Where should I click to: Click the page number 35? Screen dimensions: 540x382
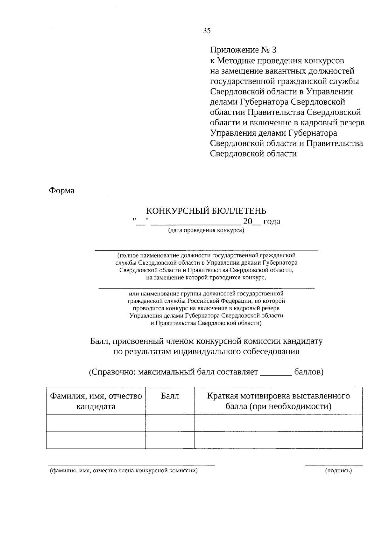pos(207,31)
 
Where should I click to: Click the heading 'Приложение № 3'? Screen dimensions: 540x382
pos(244,50)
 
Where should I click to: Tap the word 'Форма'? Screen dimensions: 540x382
pos(61,191)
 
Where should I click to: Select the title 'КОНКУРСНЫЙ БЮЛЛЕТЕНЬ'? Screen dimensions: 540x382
pos(206,211)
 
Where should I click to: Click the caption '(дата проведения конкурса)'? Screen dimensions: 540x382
pos(206,230)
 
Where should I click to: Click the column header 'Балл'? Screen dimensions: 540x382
pos(170,396)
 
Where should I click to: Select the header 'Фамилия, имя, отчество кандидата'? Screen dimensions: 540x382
pos(95,401)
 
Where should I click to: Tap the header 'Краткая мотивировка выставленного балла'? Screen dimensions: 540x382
pos(278,401)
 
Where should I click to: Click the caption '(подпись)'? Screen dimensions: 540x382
pos(338,471)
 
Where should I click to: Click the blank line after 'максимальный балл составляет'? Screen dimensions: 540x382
pos(276,375)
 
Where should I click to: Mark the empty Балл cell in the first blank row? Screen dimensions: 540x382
pos(170,423)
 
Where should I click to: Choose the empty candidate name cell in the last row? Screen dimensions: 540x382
pos(95,440)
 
